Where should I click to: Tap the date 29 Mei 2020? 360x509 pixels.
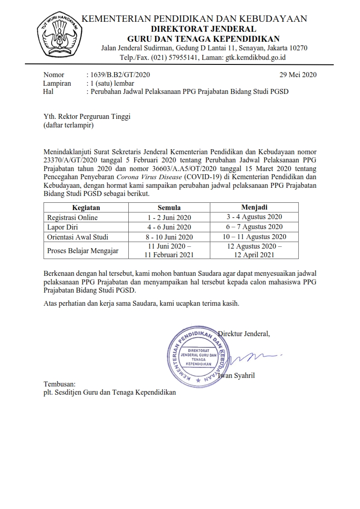298,75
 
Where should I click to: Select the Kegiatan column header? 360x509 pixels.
86,207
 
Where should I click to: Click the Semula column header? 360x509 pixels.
169,207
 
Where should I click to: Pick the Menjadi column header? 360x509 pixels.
254,207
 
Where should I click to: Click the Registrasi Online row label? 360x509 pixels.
72,217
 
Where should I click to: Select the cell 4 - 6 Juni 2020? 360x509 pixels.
169,227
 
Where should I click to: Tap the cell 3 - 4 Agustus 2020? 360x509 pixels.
254,217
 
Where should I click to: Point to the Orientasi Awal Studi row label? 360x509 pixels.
78,237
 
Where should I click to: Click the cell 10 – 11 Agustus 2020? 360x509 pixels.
254,237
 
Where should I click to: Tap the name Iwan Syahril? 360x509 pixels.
237,376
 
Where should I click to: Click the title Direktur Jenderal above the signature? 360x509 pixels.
245,334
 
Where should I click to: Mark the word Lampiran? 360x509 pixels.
57,83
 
